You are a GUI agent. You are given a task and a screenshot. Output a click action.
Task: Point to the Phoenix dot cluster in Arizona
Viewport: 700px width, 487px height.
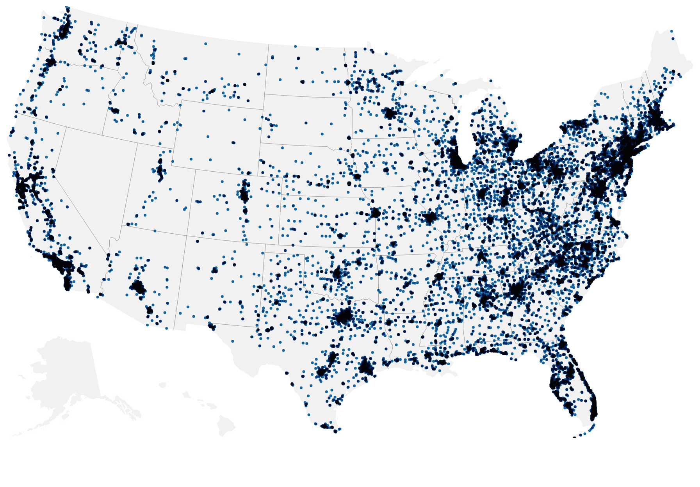coord(138,288)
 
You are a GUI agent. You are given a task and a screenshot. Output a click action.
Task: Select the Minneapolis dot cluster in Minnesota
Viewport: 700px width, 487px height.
coord(390,114)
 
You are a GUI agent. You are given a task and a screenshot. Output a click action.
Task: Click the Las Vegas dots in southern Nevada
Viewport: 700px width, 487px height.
coord(108,257)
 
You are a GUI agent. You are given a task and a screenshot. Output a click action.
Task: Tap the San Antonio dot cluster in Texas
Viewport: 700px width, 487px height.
coord(321,371)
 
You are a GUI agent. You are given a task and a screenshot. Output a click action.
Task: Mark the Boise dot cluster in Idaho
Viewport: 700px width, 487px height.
coord(115,111)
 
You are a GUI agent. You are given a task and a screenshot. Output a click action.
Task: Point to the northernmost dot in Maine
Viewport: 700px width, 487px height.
coord(672,31)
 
